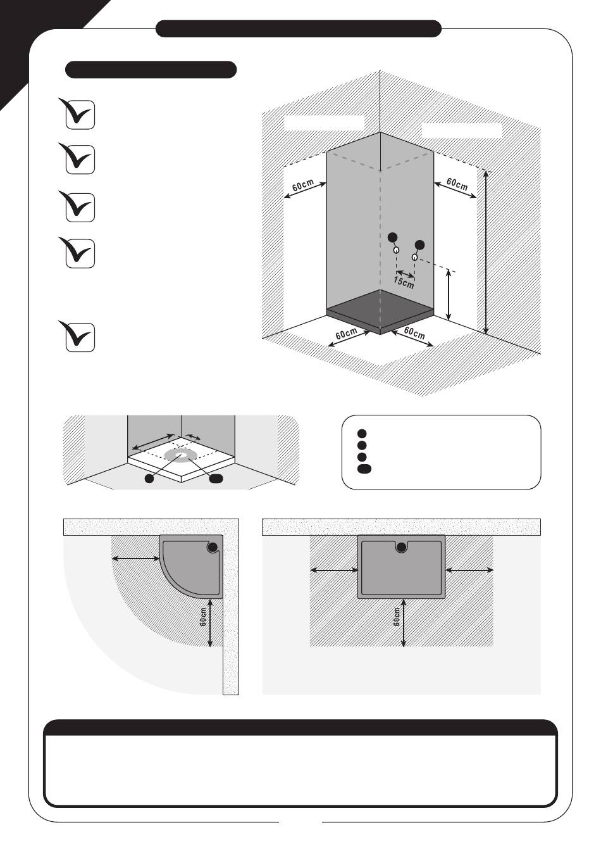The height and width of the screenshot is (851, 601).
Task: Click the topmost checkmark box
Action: pos(80,115)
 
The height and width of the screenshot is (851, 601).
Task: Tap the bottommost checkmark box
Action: pos(80,337)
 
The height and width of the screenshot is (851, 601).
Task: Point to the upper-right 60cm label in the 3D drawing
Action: pos(457,184)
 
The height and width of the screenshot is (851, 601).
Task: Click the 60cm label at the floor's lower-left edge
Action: pos(347,334)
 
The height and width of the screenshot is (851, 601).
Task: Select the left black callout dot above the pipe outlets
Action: pos(393,237)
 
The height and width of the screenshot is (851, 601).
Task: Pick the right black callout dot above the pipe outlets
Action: pos(419,244)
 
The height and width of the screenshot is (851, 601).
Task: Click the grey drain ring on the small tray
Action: pos(181,455)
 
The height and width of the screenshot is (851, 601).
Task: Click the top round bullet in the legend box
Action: pos(362,434)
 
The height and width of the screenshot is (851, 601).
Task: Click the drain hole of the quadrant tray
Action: pos(213,547)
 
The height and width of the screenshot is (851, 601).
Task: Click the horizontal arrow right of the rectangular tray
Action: pos(470,570)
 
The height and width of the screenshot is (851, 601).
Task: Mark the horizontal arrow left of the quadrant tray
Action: pos(135,558)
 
